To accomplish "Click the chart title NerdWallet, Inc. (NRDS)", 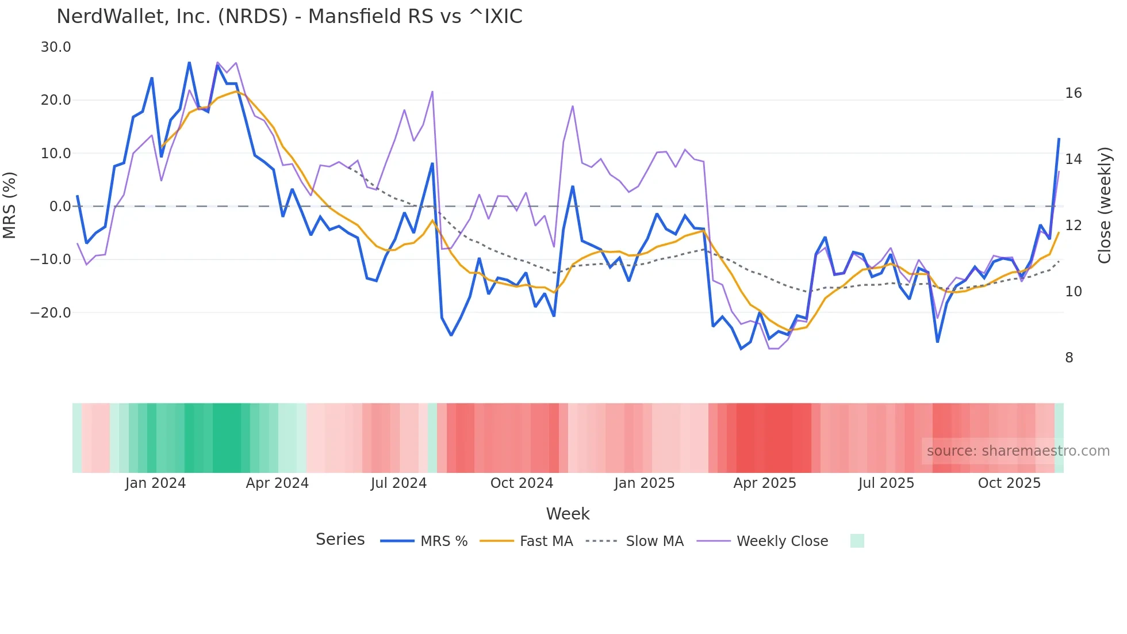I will tap(289, 17).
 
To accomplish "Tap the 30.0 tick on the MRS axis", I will tap(56, 47).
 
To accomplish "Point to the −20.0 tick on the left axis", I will tap(51, 313).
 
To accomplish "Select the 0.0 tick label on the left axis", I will tap(60, 207).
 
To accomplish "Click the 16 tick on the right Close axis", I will tap(1073, 93).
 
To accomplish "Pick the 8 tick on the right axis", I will tap(1069, 358).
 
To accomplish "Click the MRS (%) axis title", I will tap(10, 205).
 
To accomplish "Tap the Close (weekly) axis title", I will tap(1105, 205).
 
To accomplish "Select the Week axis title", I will tap(568, 514).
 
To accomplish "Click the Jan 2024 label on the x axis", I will tap(155, 483).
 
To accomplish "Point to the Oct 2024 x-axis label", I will tap(522, 483).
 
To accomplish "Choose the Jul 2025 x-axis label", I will tap(886, 483).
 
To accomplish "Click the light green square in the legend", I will tap(857, 541).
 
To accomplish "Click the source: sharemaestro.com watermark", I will tap(1018, 451).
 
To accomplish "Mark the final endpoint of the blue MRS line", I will tap(1059, 139).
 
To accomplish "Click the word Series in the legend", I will tap(340, 540).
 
